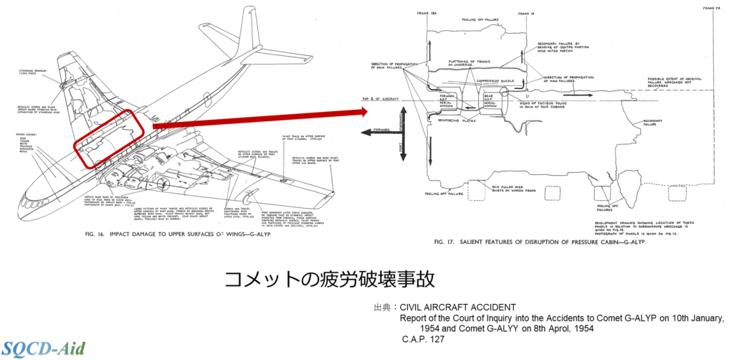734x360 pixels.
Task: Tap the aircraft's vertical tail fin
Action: click(249, 39)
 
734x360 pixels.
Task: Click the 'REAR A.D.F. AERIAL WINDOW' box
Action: click(491, 100)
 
